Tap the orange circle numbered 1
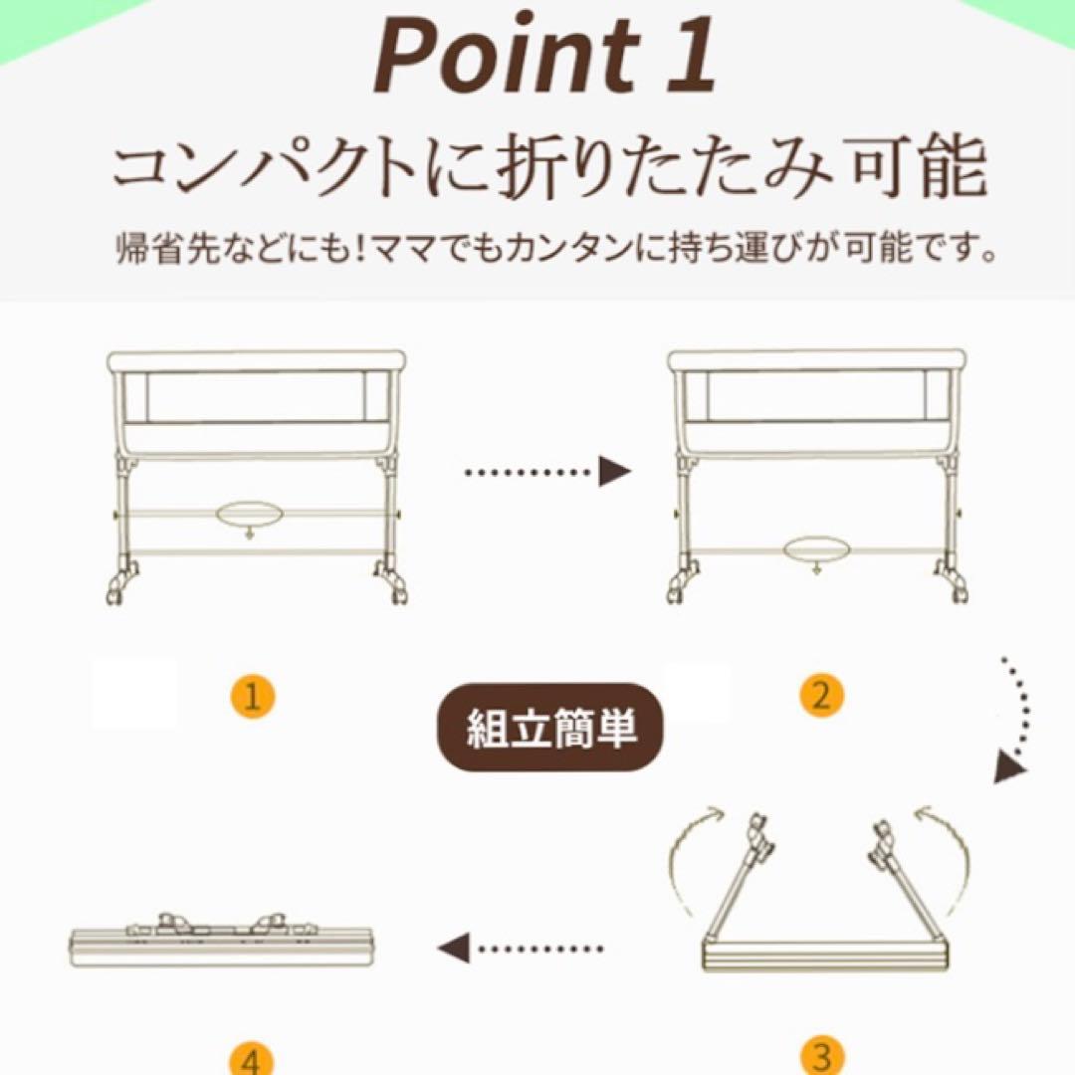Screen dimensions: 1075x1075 pyautogui.click(x=253, y=696)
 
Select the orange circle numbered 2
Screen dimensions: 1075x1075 pyautogui.click(x=820, y=696)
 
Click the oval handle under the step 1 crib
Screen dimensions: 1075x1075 pyautogui.click(x=249, y=514)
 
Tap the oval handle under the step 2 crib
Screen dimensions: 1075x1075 pyautogui.click(x=816, y=550)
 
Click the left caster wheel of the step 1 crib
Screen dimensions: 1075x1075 pyautogui.click(x=118, y=583)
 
